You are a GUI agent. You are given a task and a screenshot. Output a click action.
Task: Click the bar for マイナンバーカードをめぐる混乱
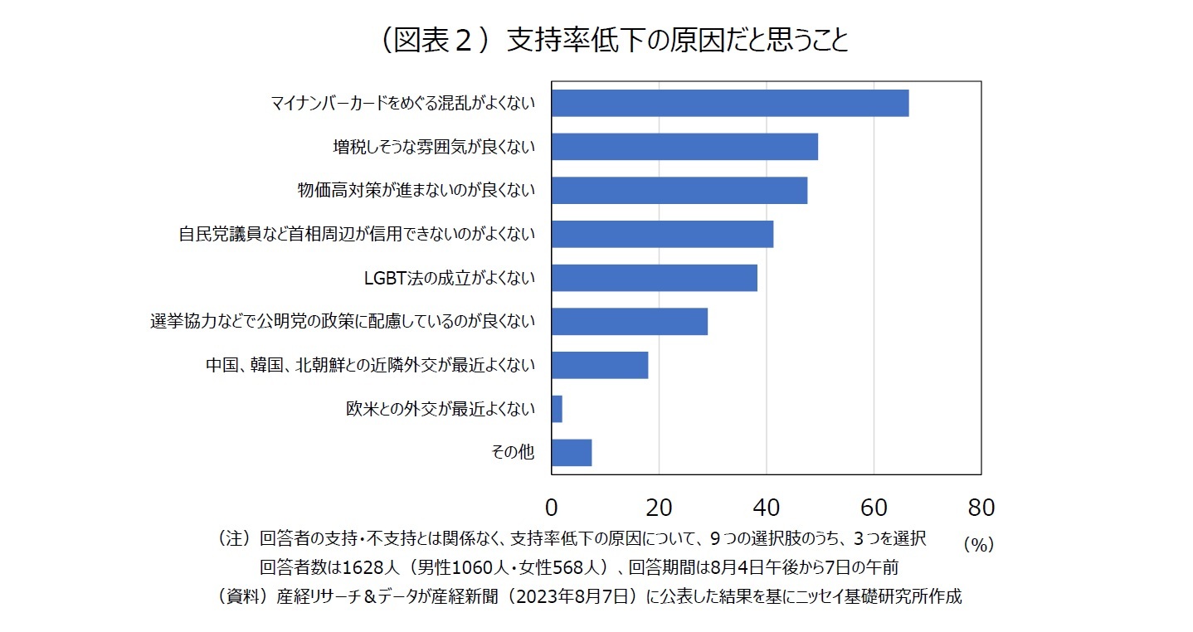pos(730,103)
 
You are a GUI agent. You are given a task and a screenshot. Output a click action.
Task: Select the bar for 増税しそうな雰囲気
pos(684,147)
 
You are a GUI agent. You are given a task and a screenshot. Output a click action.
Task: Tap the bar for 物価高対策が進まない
pos(679,191)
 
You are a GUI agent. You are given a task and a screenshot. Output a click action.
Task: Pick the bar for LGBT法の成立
pos(655,278)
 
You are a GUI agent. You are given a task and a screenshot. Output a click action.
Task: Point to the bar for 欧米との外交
pos(557,409)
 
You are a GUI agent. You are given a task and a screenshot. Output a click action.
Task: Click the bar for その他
pos(572,453)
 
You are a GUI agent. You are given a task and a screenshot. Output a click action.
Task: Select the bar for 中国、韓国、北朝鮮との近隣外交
pos(600,365)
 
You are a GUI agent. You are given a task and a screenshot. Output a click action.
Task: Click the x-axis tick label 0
pos(552,507)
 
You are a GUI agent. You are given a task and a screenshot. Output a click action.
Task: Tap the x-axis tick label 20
pos(659,507)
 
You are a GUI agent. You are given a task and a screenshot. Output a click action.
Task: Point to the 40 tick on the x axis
pos(766,507)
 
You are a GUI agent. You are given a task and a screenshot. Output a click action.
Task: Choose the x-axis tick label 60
pos(874,507)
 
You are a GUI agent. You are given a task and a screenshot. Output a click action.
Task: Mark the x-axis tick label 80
pos(981,507)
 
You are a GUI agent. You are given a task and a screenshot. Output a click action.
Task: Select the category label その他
pos(514,453)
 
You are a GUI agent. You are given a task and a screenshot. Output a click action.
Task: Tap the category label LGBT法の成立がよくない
pos(450,278)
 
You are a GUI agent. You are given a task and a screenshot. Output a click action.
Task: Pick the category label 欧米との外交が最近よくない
pos(441,409)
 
